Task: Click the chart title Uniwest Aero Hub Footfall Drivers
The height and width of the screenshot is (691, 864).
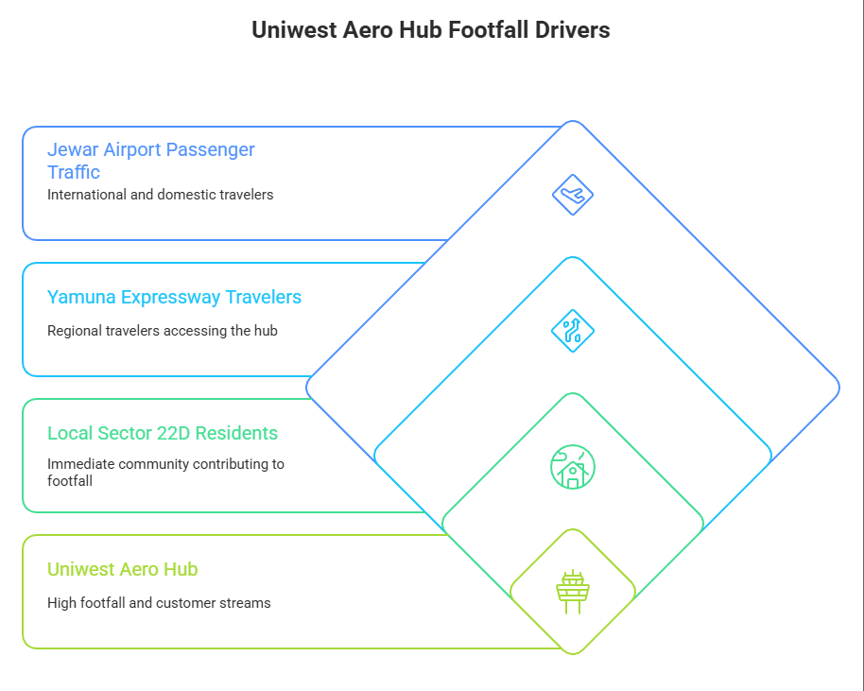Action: [431, 30]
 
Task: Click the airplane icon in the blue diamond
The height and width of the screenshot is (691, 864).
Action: [572, 195]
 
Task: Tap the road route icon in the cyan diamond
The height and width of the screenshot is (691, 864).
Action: [572, 331]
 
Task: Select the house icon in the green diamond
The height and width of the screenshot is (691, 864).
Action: [572, 467]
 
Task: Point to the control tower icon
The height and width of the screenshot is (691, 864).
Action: [572, 593]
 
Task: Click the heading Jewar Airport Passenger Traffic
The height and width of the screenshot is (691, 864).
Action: [150, 161]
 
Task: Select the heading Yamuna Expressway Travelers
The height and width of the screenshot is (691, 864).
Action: [174, 297]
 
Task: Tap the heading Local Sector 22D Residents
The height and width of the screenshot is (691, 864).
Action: [163, 433]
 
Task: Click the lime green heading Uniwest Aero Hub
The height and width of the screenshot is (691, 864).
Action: [122, 569]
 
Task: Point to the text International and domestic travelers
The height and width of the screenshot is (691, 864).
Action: [160, 195]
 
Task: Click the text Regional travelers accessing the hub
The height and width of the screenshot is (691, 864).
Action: [162, 331]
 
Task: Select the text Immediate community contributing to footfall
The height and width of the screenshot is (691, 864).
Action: [165, 473]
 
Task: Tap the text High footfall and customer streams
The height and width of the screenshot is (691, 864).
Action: [159, 603]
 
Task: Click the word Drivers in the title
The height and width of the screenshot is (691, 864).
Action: [573, 30]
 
